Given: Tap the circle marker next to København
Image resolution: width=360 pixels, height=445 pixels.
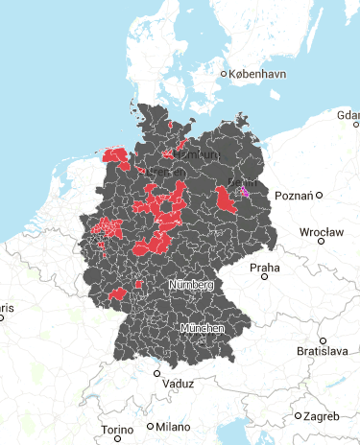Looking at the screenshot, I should pyautogui.click(x=225, y=74).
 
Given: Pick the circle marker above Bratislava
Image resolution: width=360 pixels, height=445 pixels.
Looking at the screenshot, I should pyautogui.click(x=324, y=340).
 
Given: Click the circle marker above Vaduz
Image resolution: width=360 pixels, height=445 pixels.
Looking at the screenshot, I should pyautogui.click(x=158, y=373).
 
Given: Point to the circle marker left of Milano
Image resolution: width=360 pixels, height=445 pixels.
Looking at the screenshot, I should pyautogui.click(x=151, y=426).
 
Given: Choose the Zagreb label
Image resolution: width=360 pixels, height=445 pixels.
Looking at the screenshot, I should pyautogui.click(x=324, y=416).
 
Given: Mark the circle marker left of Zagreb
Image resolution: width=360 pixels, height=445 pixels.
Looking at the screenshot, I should pyautogui.click(x=300, y=416).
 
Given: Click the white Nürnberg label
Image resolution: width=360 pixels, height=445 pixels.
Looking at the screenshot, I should pyautogui.click(x=190, y=286).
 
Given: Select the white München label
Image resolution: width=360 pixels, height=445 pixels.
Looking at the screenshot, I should pyautogui.click(x=202, y=329).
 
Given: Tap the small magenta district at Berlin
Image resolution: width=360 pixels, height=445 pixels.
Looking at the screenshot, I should pyautogui.click(x=245, y=191).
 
